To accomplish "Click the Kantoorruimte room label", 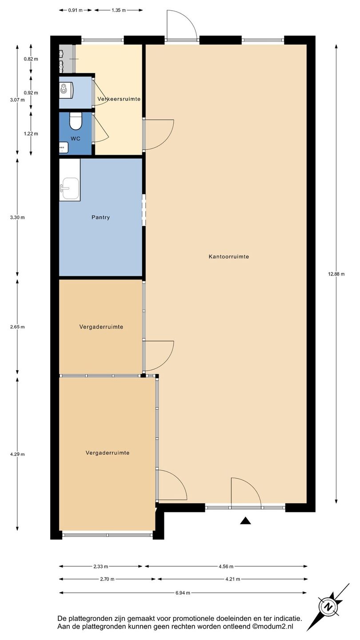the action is (x=229, y=256).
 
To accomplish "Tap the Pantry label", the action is (x=100, y=217).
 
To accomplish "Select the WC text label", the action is (x=76, y=139).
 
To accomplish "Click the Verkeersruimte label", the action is (x=119, y=99).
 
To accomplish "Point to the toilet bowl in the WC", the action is (x=76, y=120).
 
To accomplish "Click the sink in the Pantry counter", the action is (x=70, y=188).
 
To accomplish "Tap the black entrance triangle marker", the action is (x=245, y=520).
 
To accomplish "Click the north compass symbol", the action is (x=330, y=606).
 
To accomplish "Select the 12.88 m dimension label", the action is (x=336, y=274).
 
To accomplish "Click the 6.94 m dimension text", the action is (x=183, y=593).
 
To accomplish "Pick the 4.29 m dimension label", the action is (x=17, y=454).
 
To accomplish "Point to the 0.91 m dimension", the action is (x=75, y=10).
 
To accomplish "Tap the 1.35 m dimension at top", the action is (x=119, y=10).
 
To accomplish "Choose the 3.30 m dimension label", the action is (x=17, y=217).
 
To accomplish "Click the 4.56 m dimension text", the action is (x=226, y=567).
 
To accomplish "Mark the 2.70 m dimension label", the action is (x=107, y=579).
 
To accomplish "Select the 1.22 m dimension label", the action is (x=31, y=134).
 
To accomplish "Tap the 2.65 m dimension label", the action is (x=17, y=327).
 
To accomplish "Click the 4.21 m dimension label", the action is (x=232, y=579).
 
